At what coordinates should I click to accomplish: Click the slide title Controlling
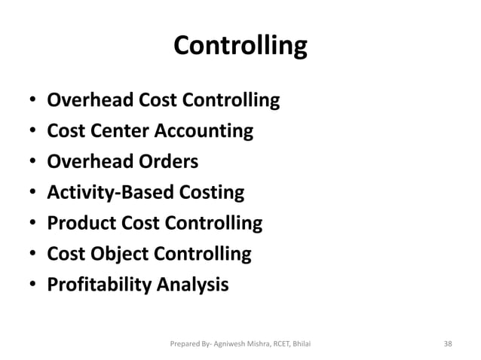point(240,47)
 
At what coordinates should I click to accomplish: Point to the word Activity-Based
point(103,193)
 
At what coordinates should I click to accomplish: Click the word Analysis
point(192,285)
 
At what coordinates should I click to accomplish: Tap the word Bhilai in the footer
point(300,343)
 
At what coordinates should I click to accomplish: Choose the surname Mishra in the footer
point(252,343)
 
